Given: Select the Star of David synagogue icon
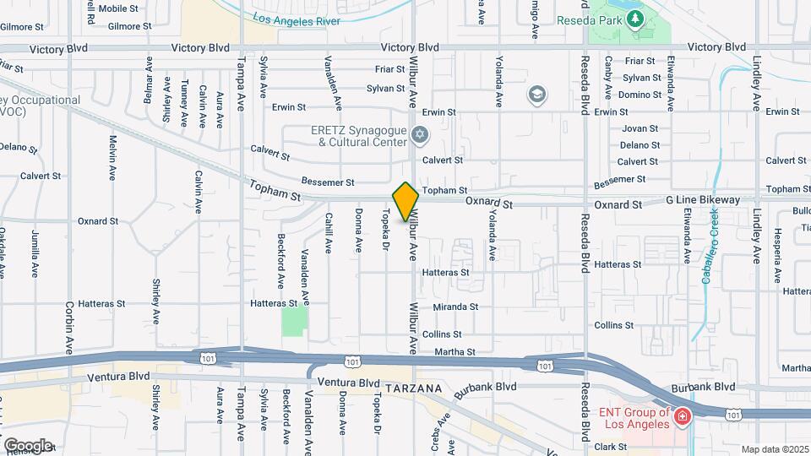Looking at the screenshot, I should (420, 135).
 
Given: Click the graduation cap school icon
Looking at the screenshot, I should (536, 94).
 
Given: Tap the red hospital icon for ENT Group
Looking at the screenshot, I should (681, 416).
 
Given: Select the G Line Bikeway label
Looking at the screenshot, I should (703, 200).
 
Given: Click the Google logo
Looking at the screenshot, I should (27, 445).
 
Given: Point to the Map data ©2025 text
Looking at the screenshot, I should (774, 449).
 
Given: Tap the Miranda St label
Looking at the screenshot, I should (456, 307).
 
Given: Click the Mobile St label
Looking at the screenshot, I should (118, 8).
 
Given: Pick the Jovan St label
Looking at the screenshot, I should (640, 129).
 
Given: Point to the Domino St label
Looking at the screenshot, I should (639, 94).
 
